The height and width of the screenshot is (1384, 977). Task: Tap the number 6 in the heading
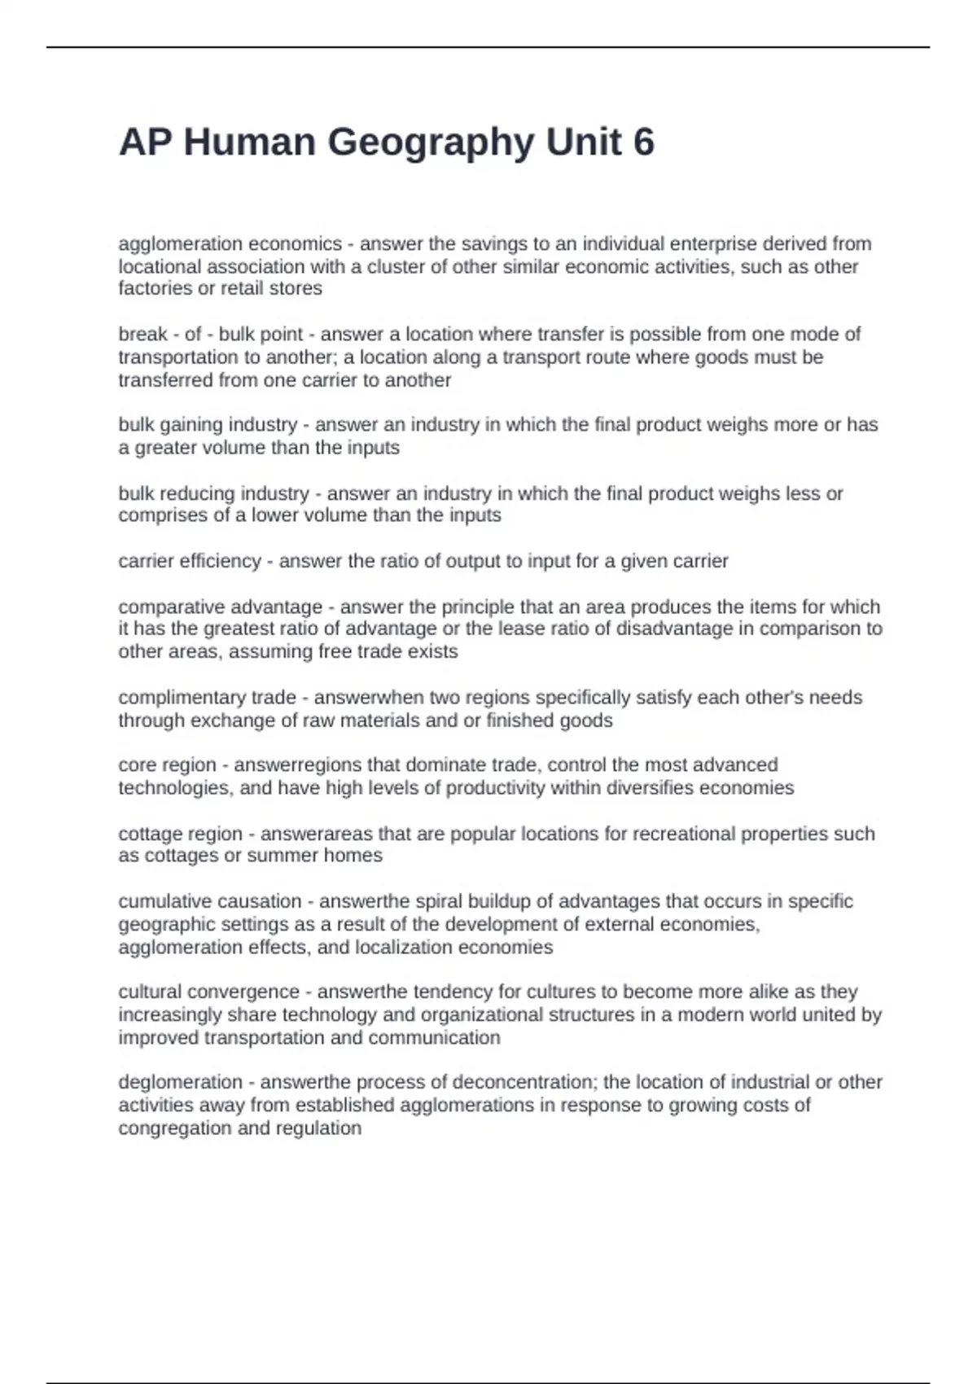point(643,142)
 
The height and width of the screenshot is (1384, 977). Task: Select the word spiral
point(440,902)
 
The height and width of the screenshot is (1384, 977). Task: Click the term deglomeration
point(180,1083)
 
